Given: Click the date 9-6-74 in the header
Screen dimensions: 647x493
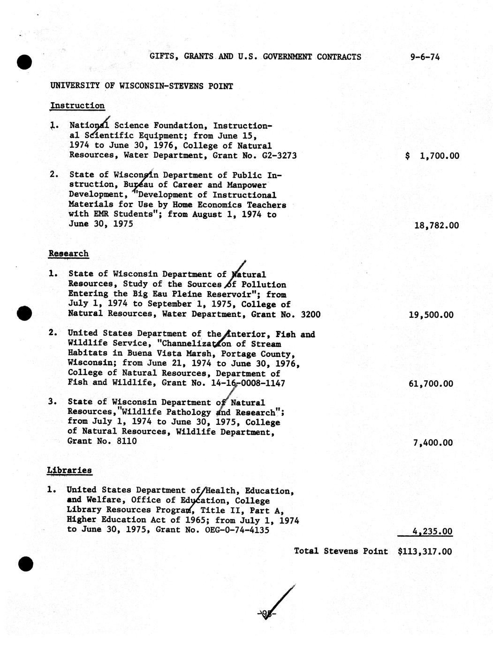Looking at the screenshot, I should [425, 57].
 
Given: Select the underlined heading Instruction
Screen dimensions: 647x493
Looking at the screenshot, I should [77, 106].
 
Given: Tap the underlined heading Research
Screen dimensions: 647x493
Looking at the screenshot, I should [68, 254].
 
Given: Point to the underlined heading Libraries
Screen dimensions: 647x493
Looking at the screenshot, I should [69, 470].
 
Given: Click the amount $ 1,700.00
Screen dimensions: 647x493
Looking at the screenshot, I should [432, 156].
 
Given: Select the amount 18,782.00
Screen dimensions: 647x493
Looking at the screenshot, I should [436, 226].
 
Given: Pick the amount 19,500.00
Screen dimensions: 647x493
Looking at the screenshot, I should [431, 315].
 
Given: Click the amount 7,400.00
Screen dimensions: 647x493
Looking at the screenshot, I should [433, 443].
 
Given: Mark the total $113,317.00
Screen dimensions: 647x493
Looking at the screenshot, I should [425, 551].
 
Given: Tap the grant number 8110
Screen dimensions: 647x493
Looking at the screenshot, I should [127, 441].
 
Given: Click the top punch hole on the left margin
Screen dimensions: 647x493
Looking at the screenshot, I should [24, 61].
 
